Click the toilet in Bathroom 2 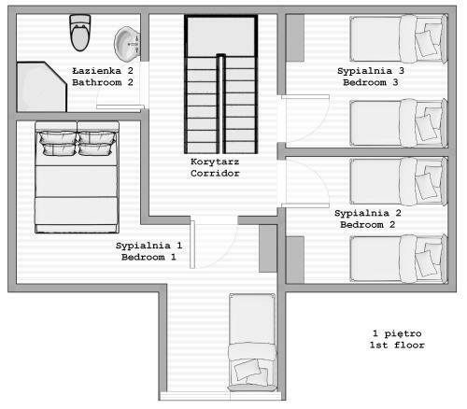tap(80, 33)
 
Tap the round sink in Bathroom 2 tap(127, 44)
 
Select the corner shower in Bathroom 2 tap(41, 87)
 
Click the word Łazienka tap(96, 71)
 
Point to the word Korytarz tap(215, 162)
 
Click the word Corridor tap(215, 174)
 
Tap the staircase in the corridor tap(221, 84)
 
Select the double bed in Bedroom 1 tap(77, 177)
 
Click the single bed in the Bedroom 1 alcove tap(252, 343)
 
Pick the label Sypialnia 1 tap(149, 246)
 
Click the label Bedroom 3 tap(371, 82)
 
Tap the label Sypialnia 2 tap(368, 213)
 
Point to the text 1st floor tap(397, 346)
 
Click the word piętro tap(403, 334)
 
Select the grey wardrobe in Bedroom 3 tap(295, 38)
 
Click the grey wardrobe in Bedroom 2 tap(295, 260)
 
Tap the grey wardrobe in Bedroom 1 tap(268, 248)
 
